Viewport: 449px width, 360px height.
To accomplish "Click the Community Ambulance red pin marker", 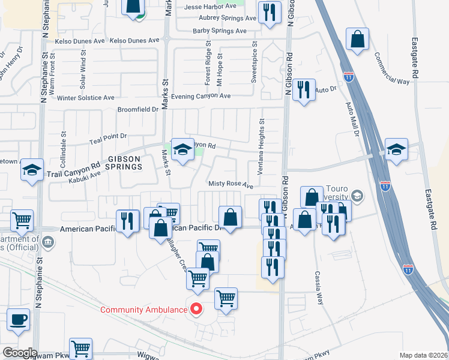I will (x=196, y=310).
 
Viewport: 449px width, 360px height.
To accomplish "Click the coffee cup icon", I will (x=18, y=320).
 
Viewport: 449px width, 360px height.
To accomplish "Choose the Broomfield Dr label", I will (x=137, y=110).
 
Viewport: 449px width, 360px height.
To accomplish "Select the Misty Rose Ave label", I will (x=231, y=185).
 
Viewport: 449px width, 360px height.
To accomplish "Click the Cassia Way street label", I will (x=319, y=288).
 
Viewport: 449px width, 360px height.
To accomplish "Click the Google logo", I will (x=19, y=353).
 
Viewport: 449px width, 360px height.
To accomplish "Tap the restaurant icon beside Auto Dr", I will (x=304, y=90).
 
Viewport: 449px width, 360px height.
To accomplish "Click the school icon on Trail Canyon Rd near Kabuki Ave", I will (x=32, y=170).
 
